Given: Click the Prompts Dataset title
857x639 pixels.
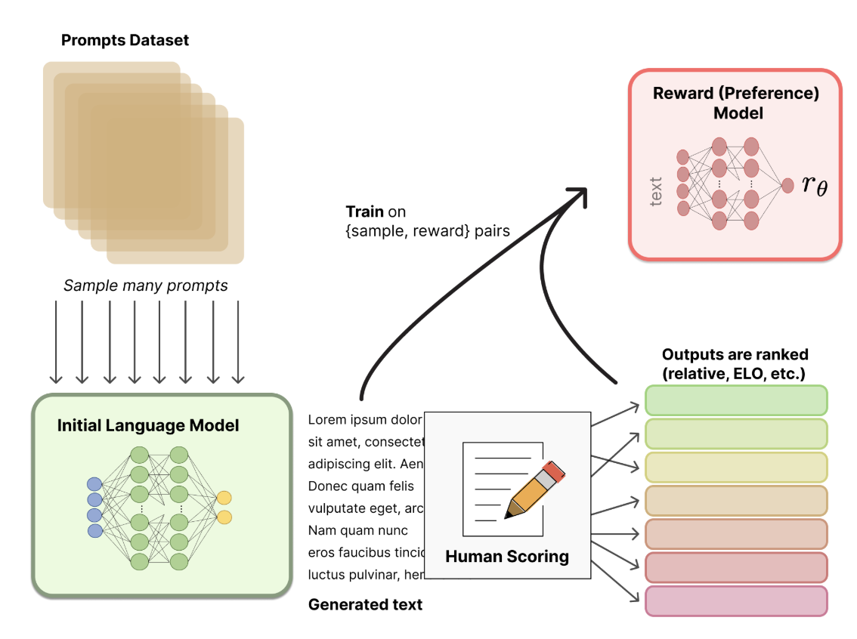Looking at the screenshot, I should [x=125, y=40].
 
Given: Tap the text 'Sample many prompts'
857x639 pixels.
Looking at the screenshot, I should [x=145, y=286].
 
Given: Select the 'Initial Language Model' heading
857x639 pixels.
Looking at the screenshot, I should [x=148, y=426].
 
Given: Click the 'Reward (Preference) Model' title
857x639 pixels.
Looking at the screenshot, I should [x=735, y=103].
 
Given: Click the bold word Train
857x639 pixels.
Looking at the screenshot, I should [x=364, y=211].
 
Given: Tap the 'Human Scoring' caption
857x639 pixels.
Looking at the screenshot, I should [x=506, y=557].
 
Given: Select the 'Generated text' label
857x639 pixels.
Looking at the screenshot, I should [x=365, y=604].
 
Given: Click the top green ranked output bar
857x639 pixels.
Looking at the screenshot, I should [x=736, y=400].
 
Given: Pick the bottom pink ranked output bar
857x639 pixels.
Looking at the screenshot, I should [x=736, y=601].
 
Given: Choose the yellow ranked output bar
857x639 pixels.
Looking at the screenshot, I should [x=736, y=468].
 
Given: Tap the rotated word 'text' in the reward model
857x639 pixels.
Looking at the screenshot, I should [x=655, y=192].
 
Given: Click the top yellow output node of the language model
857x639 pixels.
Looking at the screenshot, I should [x=224, y=498].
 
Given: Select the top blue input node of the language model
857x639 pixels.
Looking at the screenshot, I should [x=94, y=483].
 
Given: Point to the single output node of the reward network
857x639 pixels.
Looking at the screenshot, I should [x=787, y=184].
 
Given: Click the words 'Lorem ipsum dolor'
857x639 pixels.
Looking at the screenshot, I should [x=364, y=420].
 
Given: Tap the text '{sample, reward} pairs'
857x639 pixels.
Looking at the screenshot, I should [x=427, y=230].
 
